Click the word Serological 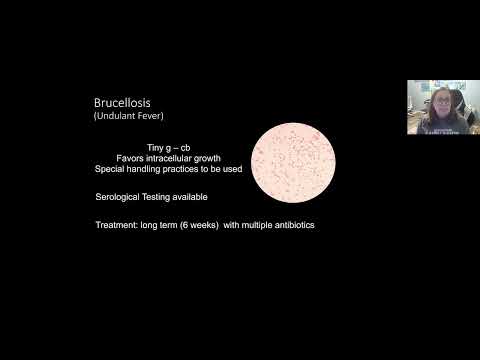[117, 198]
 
